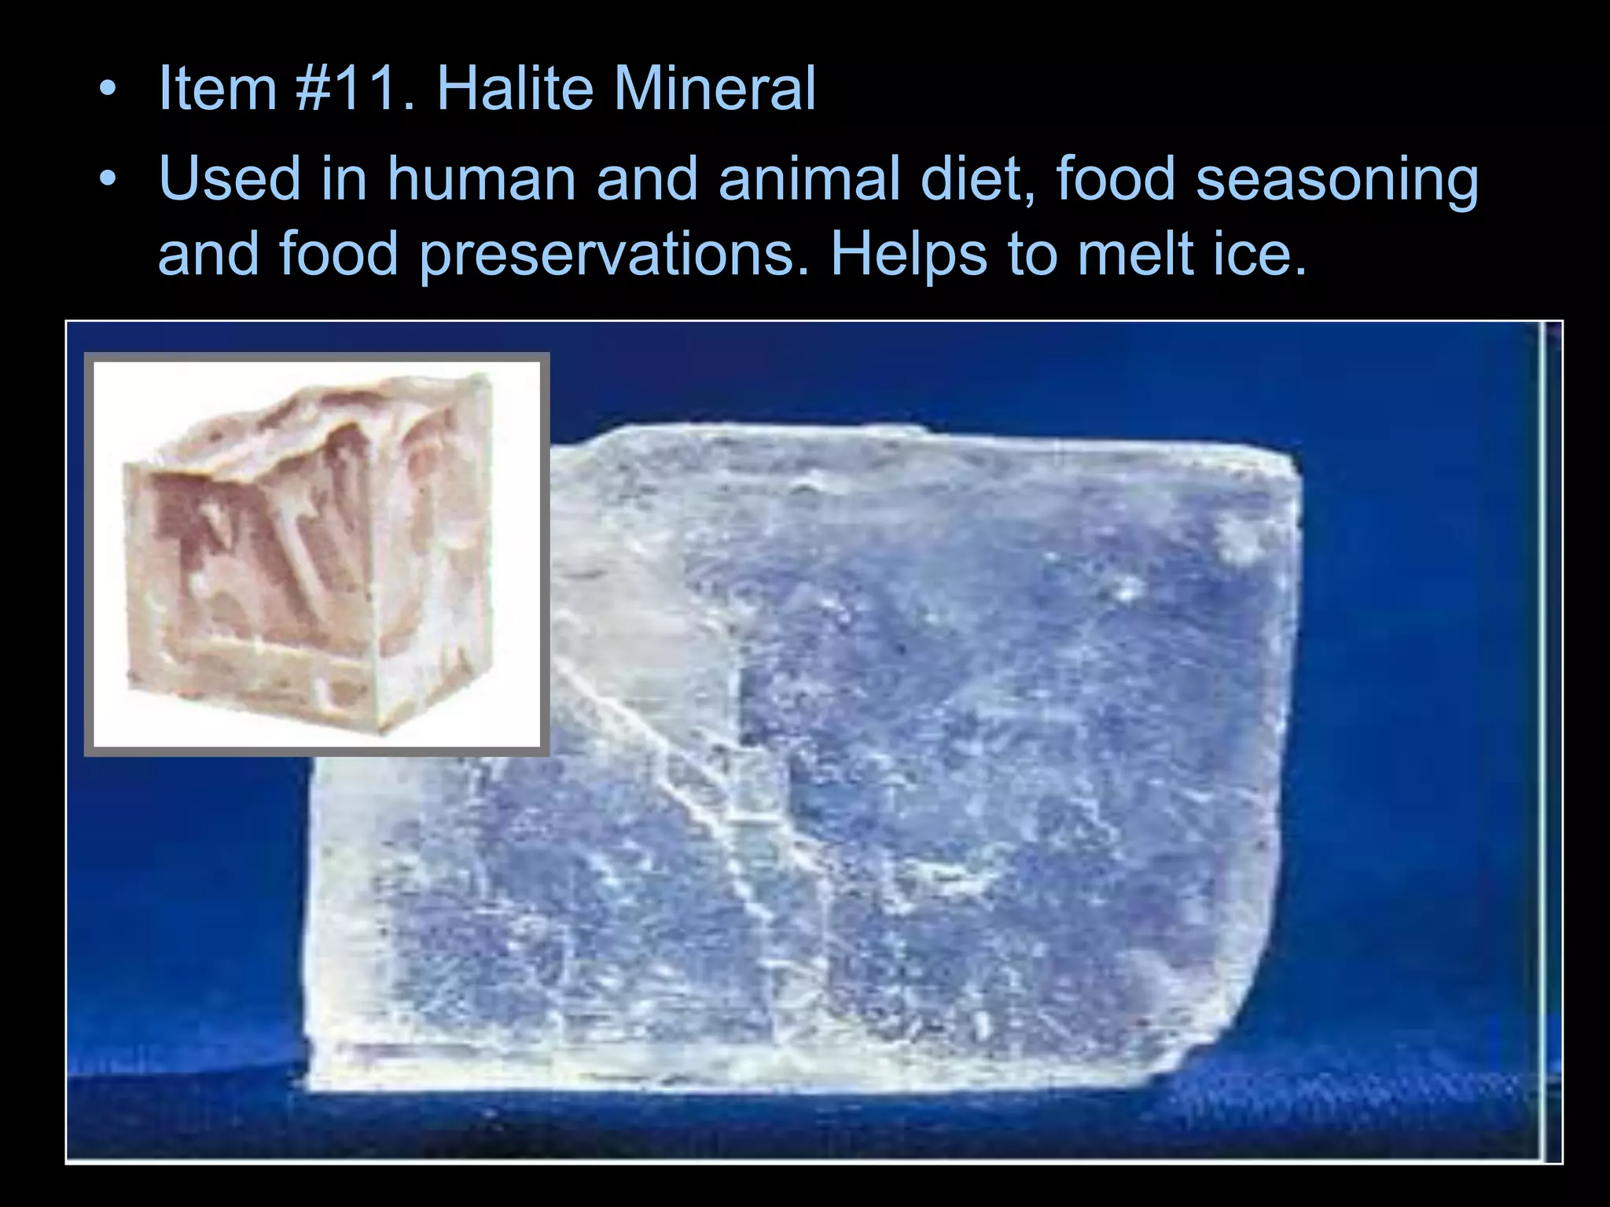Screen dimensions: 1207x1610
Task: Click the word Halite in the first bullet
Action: click(514, 88)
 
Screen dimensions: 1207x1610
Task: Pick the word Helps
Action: click(909, 255)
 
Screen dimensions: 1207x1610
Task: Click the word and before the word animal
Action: click(646, 179)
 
